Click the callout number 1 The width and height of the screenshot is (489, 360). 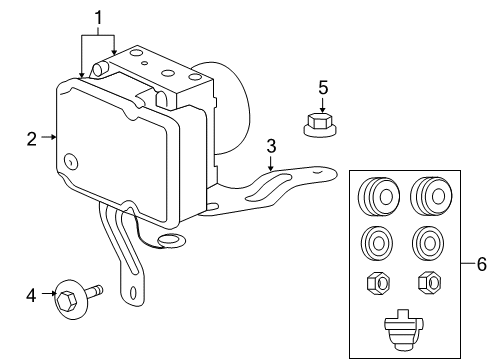[x=98, y=16]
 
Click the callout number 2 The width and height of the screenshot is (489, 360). [x=33, y=138]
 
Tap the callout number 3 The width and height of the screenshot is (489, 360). [x=270, y=148]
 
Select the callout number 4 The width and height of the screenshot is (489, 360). [x=31, y=294]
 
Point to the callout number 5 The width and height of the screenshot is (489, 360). [x=323, y=88]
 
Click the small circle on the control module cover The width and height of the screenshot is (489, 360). [x=71, y=161]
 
